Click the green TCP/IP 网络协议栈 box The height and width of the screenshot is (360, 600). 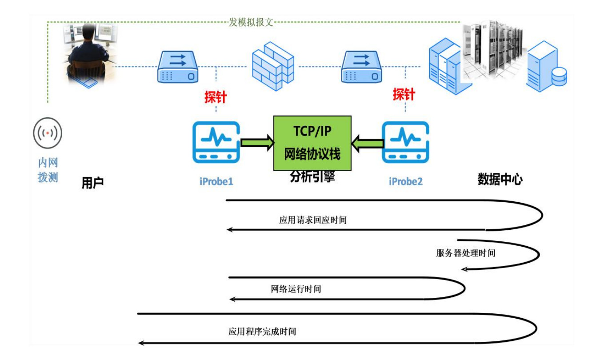(x=312, y=143)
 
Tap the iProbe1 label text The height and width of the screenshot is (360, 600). (x=216, y=182)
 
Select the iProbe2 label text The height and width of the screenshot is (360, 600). (x=405, y=182)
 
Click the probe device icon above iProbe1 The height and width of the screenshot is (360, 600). (x=216, y=142)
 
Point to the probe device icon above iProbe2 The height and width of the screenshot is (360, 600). (x=405, y=142)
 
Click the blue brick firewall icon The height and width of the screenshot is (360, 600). (x=273, y=66)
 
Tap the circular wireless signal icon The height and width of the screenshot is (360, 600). (x=48, y=133)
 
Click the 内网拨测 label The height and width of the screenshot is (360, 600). (x=48, y=170)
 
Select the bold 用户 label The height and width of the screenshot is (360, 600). (x=92, y=183)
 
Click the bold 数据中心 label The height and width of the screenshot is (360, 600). (x=500, y=179)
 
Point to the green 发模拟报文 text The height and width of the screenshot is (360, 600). (x=251, y=22)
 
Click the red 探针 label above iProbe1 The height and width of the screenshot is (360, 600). (x=216, y=97)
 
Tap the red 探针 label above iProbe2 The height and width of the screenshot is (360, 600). (x=404, y=94)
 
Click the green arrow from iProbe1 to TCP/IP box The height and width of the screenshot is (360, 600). (x=257, y=143)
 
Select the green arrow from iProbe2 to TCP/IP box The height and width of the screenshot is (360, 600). (x=367, y=144)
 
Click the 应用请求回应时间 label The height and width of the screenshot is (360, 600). (x=313, y=220)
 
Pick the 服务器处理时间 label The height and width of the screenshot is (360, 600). (x=466, y=253)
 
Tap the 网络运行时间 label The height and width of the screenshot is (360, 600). (x=296, y=289)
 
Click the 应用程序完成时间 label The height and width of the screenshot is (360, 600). (x=262, y=332)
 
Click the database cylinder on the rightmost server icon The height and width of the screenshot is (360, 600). (x=559, y=76)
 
